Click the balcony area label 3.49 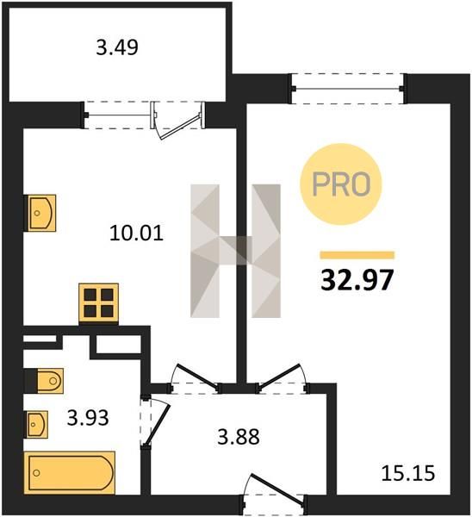point(117,47)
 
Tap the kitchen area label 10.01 point(136,234)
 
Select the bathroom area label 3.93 point(88,418)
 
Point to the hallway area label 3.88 point(239,437)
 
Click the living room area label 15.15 point(408,473)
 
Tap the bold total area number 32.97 point(357,279)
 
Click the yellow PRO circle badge point(341,184)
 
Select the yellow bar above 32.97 point(357,255)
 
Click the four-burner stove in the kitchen point(98,302)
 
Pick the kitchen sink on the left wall point(40,213)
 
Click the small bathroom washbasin point(36,424)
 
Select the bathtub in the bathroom point(70,473)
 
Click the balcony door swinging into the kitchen point(178,121)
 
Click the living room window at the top point(348,89)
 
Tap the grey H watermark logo point(236,251)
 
